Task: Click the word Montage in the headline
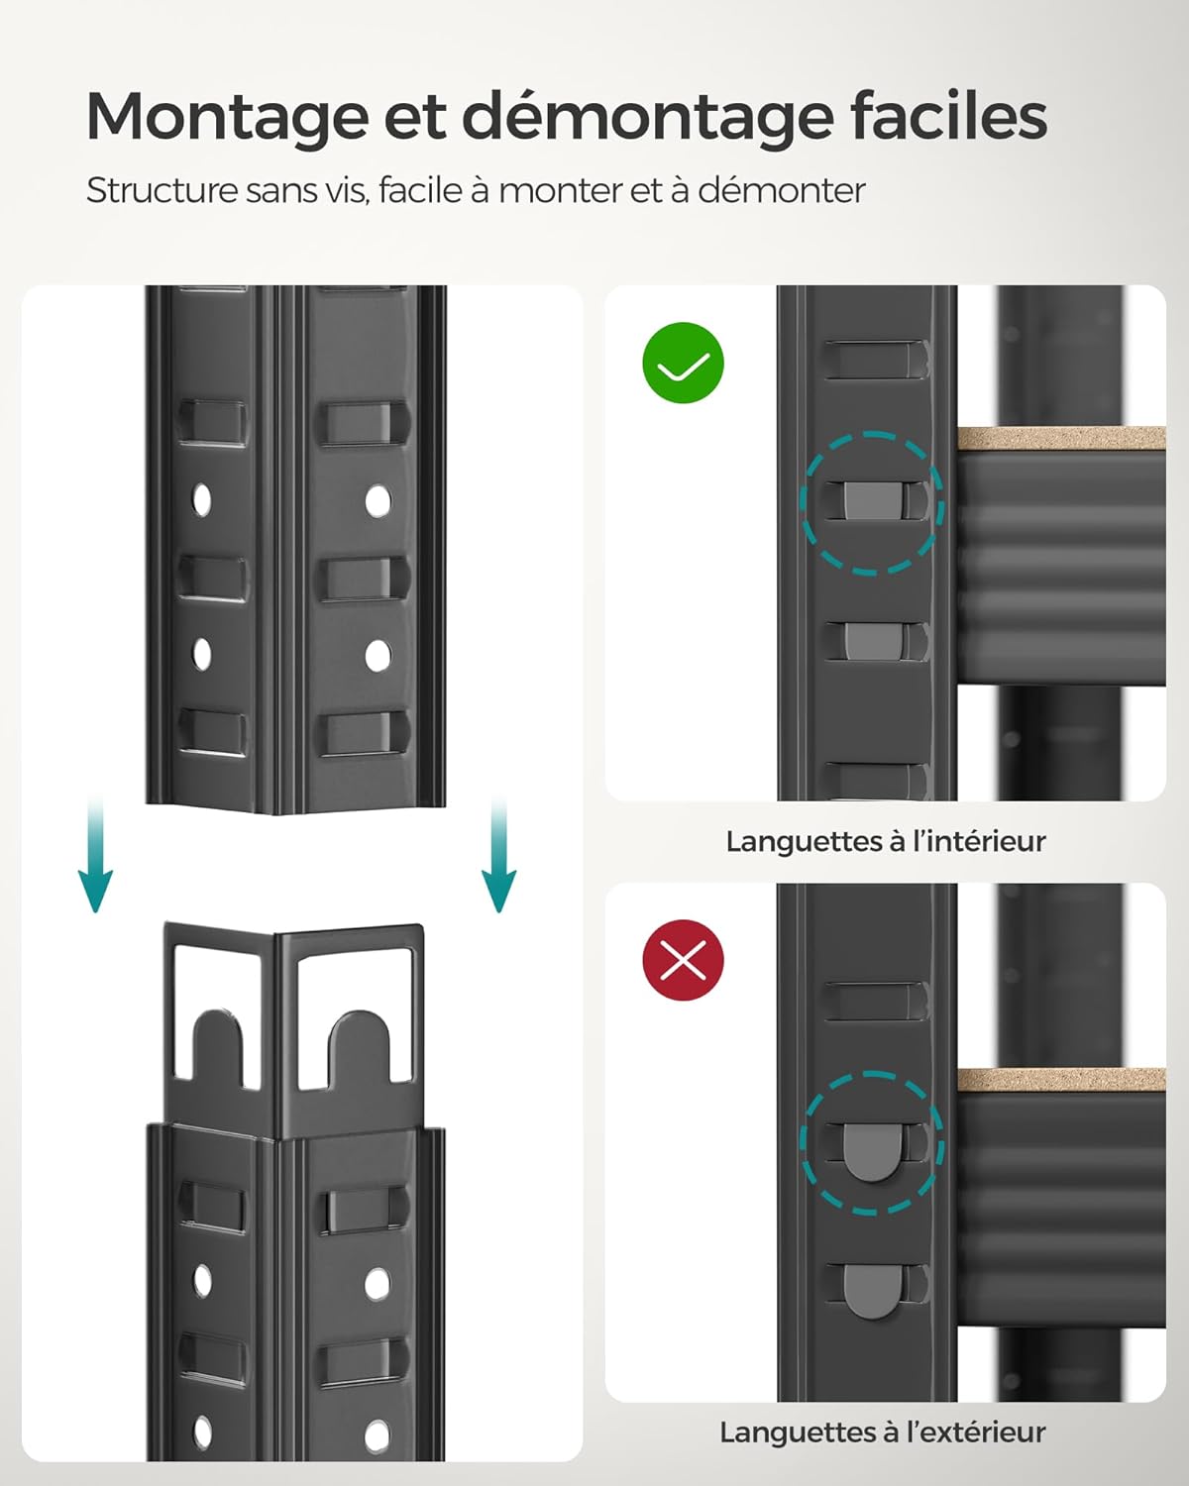pos(225,117)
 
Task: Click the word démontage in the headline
pos(648,117)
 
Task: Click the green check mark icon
pos(684,364)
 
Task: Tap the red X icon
pos(684,960)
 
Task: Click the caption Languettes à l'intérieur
pos(885,841)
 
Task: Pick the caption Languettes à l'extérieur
pos(882,1432)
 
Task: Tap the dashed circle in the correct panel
pos(872,502)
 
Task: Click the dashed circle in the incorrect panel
pos(872,1142)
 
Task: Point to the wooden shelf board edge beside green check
pos(1060,439)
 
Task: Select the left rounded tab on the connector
pos(218,1045)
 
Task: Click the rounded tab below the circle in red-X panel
pos(872,1292)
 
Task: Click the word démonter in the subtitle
pos(782,190)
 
